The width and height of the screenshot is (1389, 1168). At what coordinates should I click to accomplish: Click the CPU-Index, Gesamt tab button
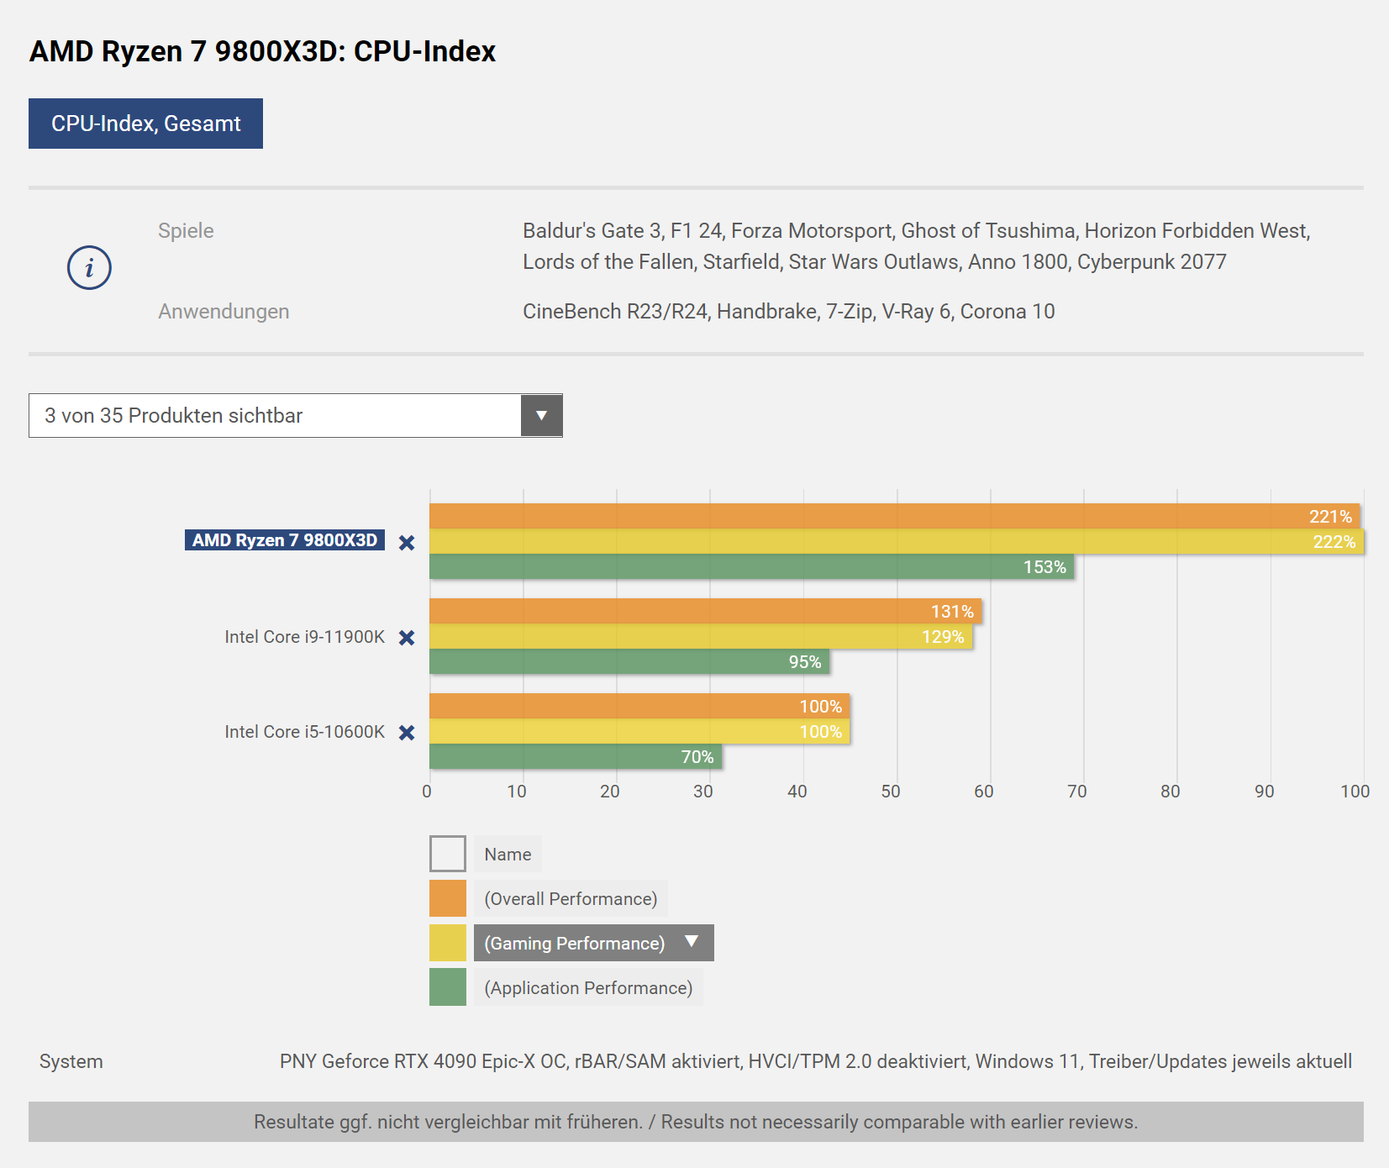point(145,124)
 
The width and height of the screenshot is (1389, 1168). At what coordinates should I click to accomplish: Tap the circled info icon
point(89,268)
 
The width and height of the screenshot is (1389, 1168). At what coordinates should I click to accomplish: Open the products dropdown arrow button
point(541,415)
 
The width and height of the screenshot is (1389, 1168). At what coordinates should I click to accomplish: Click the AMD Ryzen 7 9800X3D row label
point(285,540)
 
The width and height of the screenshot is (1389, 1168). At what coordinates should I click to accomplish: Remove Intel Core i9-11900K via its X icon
point(407,638)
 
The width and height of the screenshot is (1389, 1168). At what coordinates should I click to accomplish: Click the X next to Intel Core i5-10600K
point(407,733)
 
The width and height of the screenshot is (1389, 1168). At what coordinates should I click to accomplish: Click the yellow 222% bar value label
point(1334,542)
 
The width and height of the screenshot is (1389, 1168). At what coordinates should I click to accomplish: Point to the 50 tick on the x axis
point(891,792)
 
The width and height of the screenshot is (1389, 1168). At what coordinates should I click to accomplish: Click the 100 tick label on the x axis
point(1355,792)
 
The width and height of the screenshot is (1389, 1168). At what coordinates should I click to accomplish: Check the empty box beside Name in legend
point(448,854)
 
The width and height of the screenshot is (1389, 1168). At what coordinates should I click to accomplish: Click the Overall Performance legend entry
point(571,899)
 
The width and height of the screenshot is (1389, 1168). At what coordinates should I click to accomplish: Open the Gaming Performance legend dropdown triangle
point(692,942)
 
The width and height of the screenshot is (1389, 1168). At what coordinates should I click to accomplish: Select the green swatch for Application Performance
point(448,987)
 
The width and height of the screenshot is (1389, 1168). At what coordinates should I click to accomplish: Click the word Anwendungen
point(224,312)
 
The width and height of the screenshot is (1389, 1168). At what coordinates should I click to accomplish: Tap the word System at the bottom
point(71,1062)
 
